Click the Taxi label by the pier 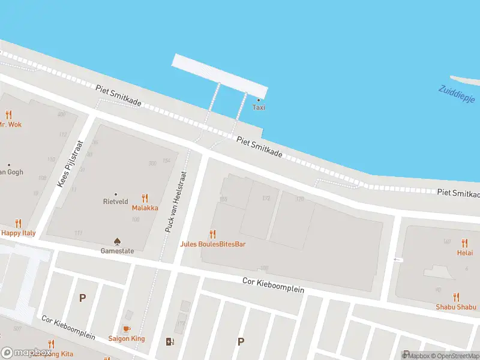(x=259, y=107)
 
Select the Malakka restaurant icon (x=145, y=198)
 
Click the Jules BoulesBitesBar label (x=212, y=244)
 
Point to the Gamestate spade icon (x=118, y=241)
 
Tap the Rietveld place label (x=116, y=202)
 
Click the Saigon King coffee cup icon (x=126, y=329)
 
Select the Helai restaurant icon (x=464, y=243)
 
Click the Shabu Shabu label (x=457, y=307)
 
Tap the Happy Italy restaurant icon (x=18, y=223)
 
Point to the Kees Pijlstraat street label (x=71, y=163)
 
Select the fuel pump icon (x=170, y=342)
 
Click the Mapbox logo (x=25, y=353)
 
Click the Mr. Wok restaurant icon (x=8, y=115)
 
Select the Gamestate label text (x=118, y=251)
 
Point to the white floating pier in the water (x=220, y=76)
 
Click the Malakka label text (x=145, y=208)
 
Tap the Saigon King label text (x=126, y=338)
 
